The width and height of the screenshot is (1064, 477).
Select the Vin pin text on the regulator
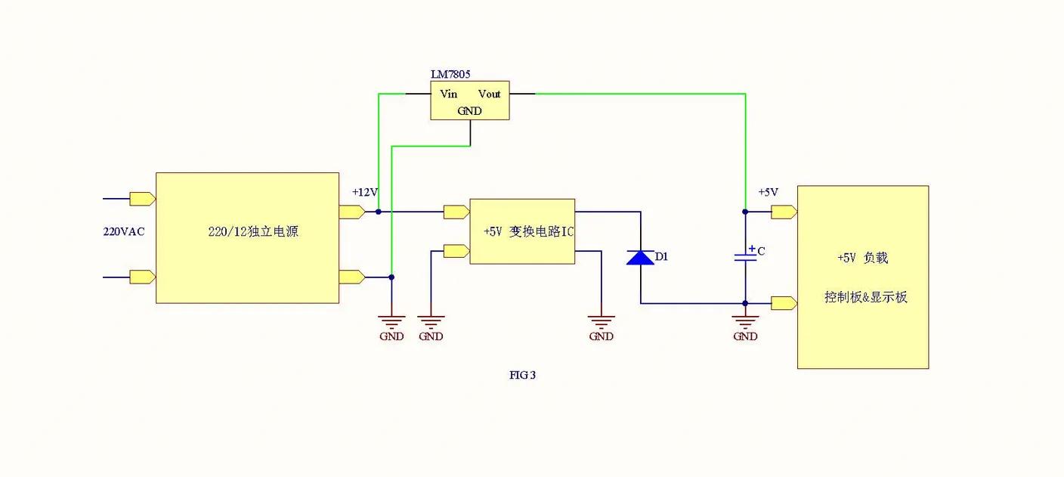(449, 94)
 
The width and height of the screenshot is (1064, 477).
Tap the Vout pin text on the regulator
(489, 94)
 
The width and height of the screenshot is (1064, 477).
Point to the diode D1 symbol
(641, 257)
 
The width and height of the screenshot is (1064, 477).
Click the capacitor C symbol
(745, 257)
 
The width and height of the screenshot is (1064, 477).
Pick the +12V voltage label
(365, 192)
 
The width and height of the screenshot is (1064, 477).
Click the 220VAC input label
(123, 231)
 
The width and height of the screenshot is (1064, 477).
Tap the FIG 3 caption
(523, 375)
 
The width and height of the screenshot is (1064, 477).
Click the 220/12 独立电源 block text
(253, 232)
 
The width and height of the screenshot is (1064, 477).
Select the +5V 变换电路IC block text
(528, 232)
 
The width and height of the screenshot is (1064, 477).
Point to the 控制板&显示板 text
(865, 297)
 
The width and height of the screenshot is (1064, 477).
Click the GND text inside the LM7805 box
(469, 110)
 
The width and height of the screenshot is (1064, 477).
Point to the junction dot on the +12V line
(378, 212)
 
